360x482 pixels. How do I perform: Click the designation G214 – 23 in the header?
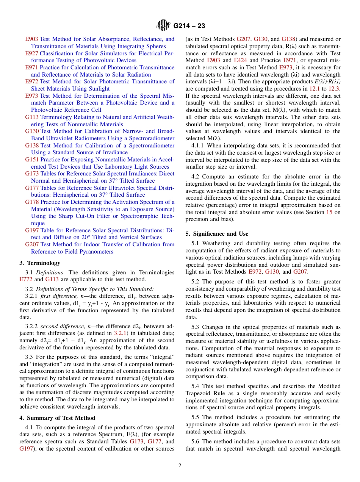pyautogui.click(x=189, y=26)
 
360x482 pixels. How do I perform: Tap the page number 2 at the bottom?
pyautogui.click(x=180, y=465)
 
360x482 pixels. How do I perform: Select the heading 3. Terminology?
pyautogui.click(x=39, y=263)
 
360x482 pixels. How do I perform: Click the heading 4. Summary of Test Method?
pyautogui.click(x=57, y=418)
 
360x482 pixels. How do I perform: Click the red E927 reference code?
pyautogui.click(x=31, y=53)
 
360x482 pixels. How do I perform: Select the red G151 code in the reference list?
pyautogui.click(x=32, y=160)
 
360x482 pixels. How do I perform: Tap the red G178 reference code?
pyautogui.click(x=32, y=202)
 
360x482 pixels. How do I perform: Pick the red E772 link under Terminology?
pyautogui.click(x=26, y=280)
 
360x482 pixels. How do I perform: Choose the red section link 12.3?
pyautogui.click(x=335, y=89)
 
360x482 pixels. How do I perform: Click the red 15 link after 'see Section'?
pyautogui.click(x=329, y=212)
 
